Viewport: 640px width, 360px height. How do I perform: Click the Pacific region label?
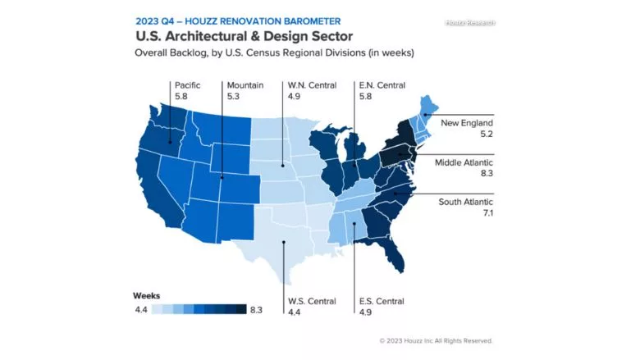187,84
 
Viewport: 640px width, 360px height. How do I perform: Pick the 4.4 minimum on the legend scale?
141,309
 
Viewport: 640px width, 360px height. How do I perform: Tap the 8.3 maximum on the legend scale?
256,309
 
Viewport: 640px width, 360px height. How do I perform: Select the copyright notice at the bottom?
436,340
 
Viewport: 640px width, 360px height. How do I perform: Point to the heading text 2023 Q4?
157,21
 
